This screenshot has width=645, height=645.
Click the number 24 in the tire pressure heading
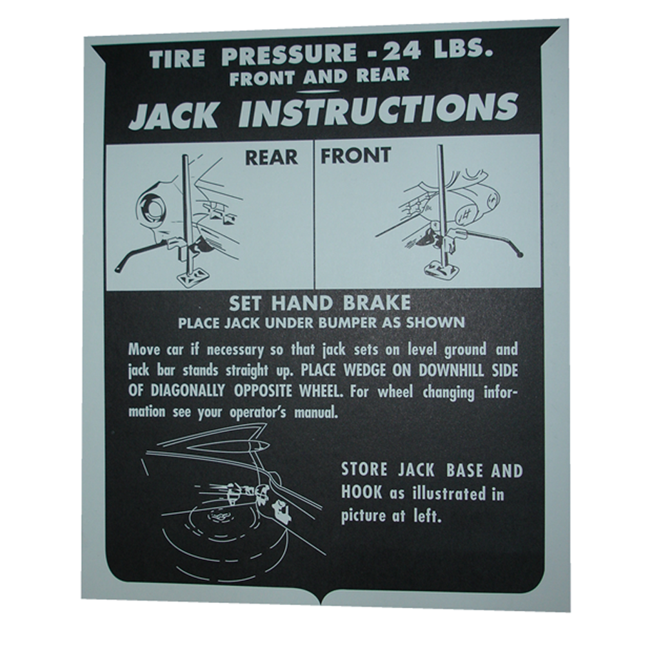tap(401, 51)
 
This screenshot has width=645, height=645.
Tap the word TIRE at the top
tap(177, 59)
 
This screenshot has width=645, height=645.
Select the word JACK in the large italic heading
tap(173, 115)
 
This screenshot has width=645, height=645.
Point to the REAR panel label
tap(272, 157)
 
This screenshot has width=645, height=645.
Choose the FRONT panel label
tap(355, 155)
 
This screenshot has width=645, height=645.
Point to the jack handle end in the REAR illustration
tap(119, 270)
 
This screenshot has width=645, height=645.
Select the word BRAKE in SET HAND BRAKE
tap(377, 303)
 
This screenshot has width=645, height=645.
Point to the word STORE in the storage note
tap(364, 470)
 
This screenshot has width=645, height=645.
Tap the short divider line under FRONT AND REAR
tap(320, 92)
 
